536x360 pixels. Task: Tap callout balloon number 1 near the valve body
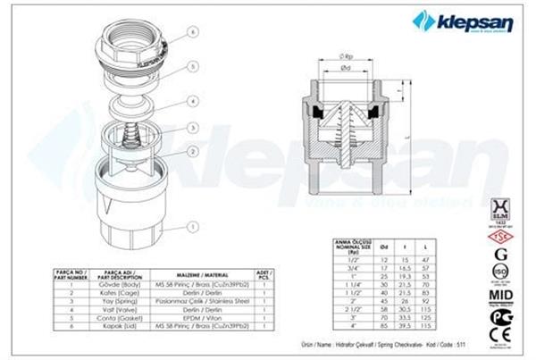coord(192,228)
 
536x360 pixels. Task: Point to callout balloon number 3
coord(192,127)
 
